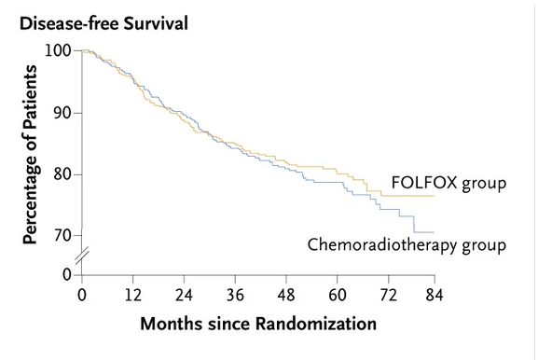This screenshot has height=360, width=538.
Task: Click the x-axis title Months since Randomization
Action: coord(258,324)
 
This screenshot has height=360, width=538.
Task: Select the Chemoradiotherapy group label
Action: coord(407,245)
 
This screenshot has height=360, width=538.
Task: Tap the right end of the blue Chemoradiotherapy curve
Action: coord(435,232)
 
